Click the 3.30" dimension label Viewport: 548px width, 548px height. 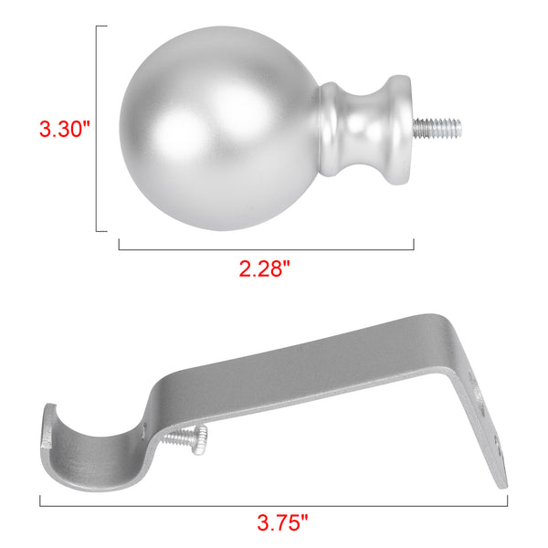[x=64, y=129]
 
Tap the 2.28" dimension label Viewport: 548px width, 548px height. [x=265, y=269]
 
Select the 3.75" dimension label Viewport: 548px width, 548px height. [x=283, y=522]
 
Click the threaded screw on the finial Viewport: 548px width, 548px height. [x=437, y=128]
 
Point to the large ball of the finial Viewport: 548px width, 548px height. [x=219, y=128]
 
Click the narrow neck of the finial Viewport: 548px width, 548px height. [x=364, y=130]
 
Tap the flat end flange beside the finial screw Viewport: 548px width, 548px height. [x=399, y=130]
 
